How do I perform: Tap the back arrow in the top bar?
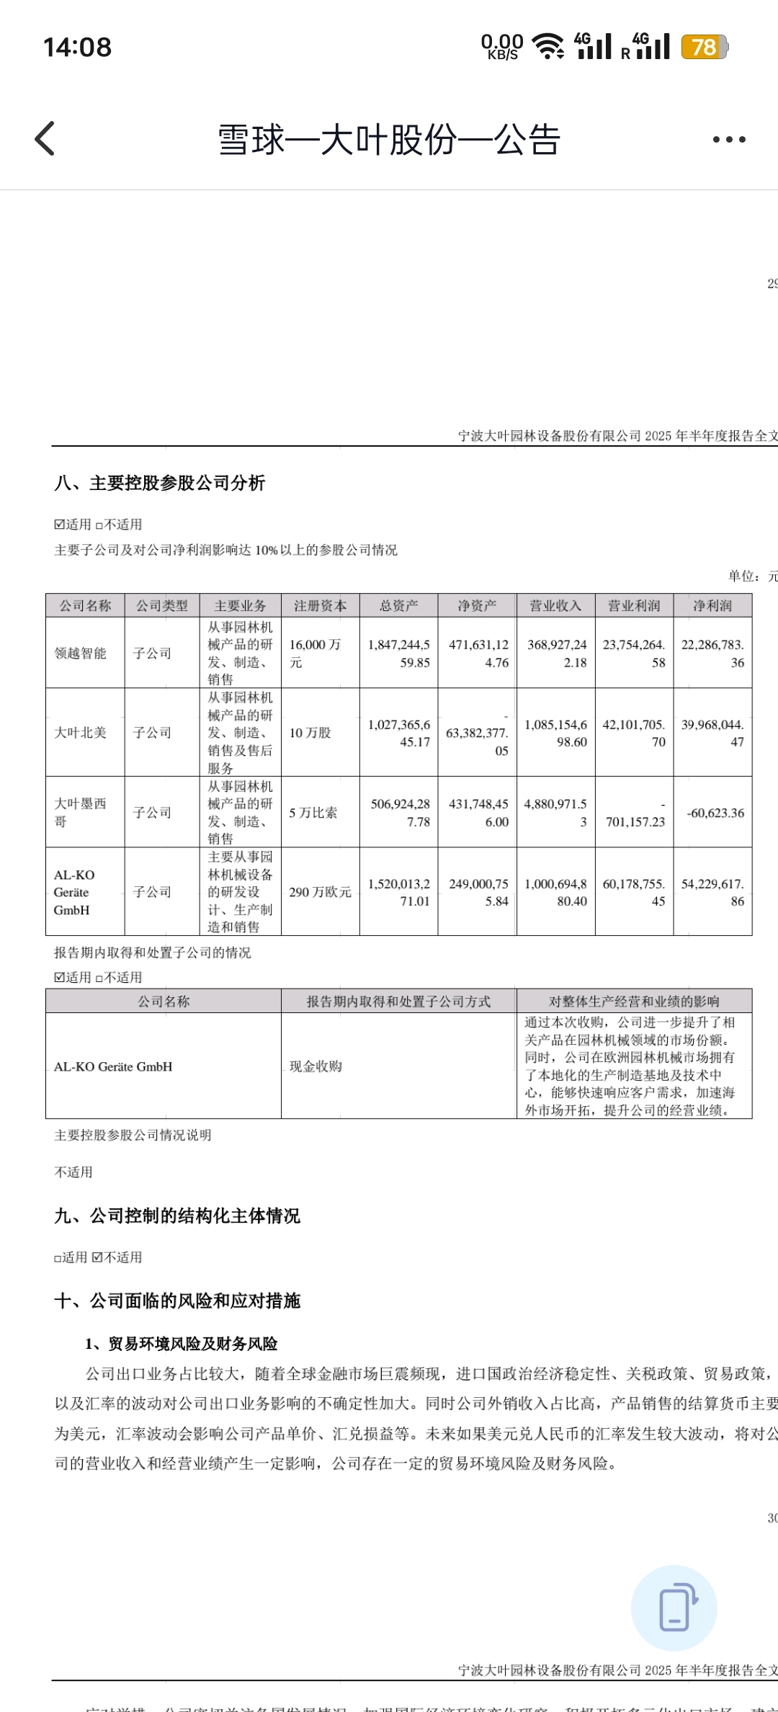point(45,138)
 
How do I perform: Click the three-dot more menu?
point(729,140)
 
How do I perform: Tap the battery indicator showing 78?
point(704,48)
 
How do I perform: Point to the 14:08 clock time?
point(78,48)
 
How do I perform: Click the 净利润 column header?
point(712,606)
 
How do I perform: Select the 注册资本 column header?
point(320,606)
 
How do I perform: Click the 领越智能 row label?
point(80,653)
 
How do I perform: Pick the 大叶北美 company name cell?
point(80,733)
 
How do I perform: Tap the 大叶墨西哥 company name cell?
point(80,812)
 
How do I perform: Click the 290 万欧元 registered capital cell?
point(320,892)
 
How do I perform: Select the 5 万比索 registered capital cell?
point(313,813)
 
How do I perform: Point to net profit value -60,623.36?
point(715,813)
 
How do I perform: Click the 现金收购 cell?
point(316,1066)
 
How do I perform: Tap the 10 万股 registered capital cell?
point(310,733)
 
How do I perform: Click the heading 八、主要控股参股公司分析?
point(160,483)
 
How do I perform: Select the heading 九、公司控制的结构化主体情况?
point(177,1216)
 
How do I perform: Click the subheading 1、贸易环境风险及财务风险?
point(182,1344)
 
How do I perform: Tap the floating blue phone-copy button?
point(674,1608)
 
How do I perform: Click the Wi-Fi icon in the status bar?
point(548,48)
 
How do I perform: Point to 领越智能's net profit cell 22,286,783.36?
point(712,654)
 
